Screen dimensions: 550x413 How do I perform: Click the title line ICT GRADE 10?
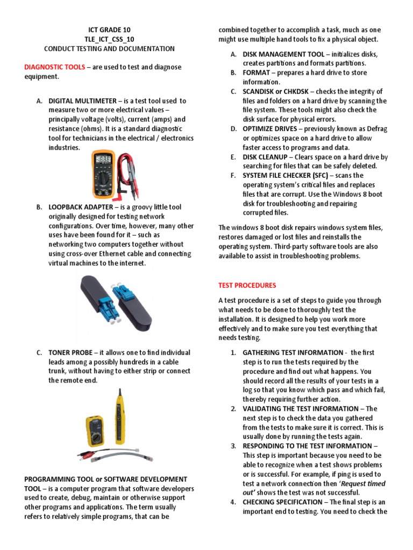click(109, 30)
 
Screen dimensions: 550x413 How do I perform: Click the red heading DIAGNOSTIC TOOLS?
click(55, 67)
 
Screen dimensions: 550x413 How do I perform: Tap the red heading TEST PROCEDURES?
click(247, 285)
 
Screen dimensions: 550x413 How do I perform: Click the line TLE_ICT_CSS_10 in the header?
click(109, 39)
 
